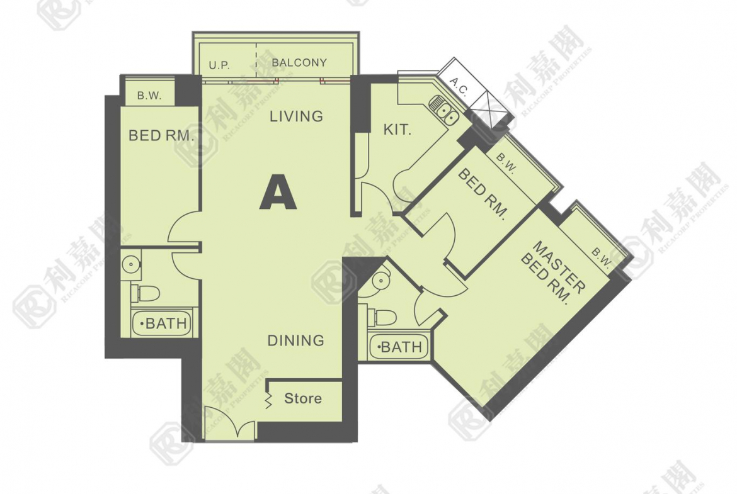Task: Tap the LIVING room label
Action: coord(296,116)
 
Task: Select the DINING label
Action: coord(295,340)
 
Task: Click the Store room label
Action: coord(303,399)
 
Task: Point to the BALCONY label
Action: coord(299,62)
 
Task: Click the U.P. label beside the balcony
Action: coord(219,65)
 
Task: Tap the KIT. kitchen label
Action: coord(397,130)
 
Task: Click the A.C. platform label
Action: coord(459,87)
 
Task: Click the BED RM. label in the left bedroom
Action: coord(161,136)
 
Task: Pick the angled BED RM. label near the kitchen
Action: coord(483,194)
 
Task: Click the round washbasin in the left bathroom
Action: coord(131,264)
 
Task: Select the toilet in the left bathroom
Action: coord(146,293)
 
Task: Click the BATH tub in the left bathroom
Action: coord(161,323)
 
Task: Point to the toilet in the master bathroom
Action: coord(382,317)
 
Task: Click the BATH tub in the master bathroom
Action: coord(399,347)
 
